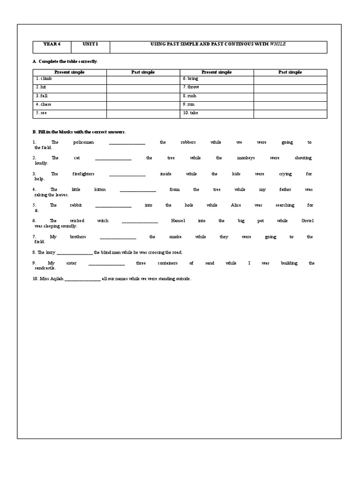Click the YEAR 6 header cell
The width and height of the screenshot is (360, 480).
52,44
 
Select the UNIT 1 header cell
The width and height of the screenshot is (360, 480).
90,44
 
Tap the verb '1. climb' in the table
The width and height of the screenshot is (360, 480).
44,79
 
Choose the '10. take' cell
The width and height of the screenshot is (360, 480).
191,113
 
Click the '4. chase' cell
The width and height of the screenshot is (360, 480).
44,105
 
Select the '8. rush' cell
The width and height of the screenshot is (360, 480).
190,96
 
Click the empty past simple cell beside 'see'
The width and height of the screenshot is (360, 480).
143,113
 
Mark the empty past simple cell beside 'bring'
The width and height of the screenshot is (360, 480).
290,79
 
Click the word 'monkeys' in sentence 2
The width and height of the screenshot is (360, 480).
246,158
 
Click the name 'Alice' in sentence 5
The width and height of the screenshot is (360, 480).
236,205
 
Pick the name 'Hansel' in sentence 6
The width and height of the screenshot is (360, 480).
178,221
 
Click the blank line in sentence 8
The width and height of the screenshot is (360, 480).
75,253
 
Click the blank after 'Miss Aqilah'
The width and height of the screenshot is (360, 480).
82,279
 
